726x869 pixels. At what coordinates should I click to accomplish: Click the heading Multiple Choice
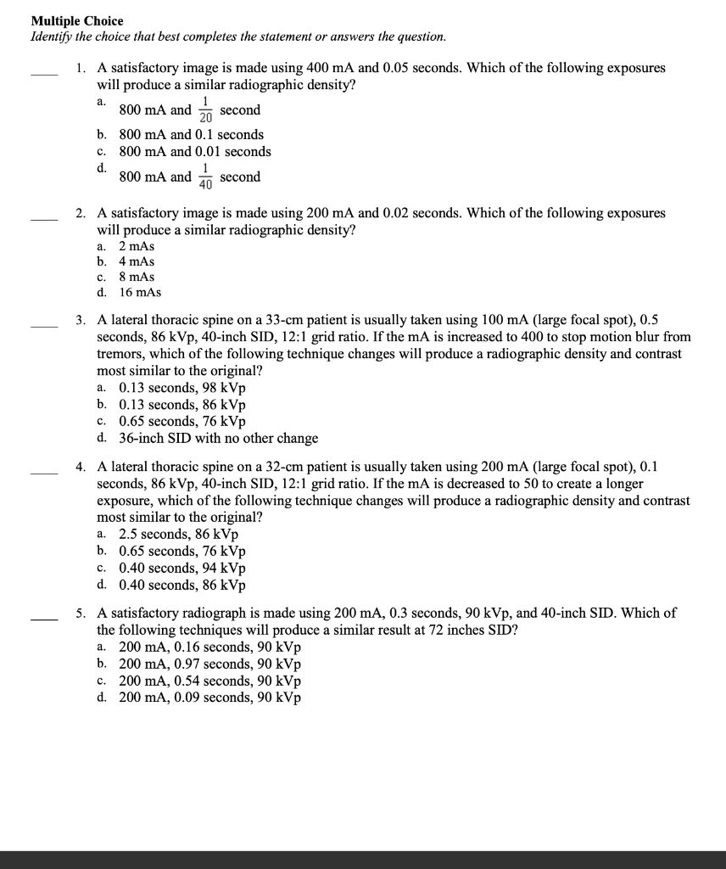click(77, 20)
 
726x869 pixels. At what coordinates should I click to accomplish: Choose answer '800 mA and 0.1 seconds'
click(191, 135)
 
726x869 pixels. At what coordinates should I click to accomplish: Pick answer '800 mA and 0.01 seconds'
click(195, 152)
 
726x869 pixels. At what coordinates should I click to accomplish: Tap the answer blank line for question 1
click(44, 74)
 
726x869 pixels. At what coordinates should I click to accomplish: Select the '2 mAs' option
click(137, 246)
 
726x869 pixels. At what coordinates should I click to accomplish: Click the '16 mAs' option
click(140, 293)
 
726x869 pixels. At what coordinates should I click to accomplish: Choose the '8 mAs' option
click(137, 278)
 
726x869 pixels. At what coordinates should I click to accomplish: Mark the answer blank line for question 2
click(44, 219)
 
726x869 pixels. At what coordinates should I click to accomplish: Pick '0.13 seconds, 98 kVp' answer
click(182, 388)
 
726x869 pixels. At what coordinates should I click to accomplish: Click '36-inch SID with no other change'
click(218, 439)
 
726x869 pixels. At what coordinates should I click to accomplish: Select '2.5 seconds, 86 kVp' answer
click(178, 535)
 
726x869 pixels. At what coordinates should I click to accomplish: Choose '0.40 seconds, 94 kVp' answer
click(182, 569)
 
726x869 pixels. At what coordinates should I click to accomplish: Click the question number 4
click(80, 467)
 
